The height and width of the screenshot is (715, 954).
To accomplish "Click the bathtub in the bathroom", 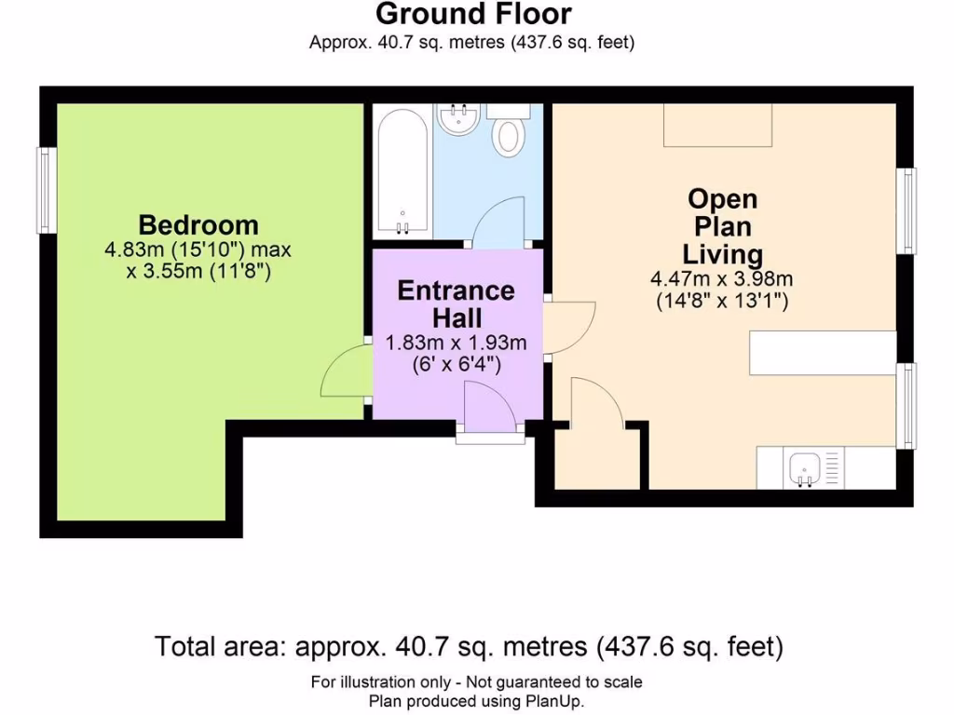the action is tap(402, 172).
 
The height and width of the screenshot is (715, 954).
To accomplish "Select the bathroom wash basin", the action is tap(459, 118).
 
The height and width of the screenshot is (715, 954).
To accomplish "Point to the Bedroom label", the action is tap(198, 225).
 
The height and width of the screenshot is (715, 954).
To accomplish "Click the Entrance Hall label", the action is tap(457, 304).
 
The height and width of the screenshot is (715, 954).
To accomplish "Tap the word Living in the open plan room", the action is tap(722, 255).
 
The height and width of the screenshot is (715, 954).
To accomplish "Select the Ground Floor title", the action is tap(473, 14).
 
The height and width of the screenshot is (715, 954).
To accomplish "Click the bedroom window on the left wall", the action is tap(48, 190).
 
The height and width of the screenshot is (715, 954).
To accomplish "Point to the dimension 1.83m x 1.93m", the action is tap(456, 343).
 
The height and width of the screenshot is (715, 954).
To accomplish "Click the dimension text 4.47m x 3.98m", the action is tap(722, 279).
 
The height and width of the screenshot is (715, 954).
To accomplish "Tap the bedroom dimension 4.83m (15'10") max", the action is tap(198, 250).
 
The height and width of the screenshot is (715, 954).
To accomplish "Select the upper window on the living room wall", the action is tap(906, 210).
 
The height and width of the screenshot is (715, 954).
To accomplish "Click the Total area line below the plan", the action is tap(469, 646).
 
